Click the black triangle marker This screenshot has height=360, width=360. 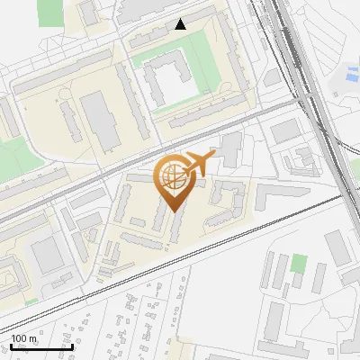181,24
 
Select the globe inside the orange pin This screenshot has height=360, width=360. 170,176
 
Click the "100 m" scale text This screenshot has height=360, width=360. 23,339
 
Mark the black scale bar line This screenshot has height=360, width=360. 41,347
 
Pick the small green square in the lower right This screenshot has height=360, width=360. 299,265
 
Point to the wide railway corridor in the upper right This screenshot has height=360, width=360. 310,81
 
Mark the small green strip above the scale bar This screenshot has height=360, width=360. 31,301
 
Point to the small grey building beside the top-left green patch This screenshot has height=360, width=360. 88,13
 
